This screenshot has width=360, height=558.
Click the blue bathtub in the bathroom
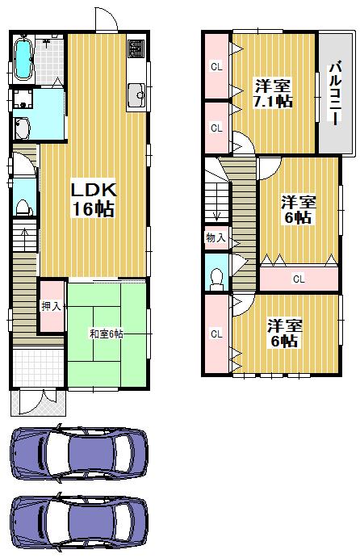click(23, 58)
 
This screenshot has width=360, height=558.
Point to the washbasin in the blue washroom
click(22, 128)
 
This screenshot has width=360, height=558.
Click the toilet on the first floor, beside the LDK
click(23, 207)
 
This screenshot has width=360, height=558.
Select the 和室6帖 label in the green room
click(106, 333)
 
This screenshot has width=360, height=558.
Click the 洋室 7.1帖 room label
click(274, 93)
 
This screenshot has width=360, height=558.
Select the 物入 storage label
click(216, 238)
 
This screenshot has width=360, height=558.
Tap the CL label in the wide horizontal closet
click(298, 279)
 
